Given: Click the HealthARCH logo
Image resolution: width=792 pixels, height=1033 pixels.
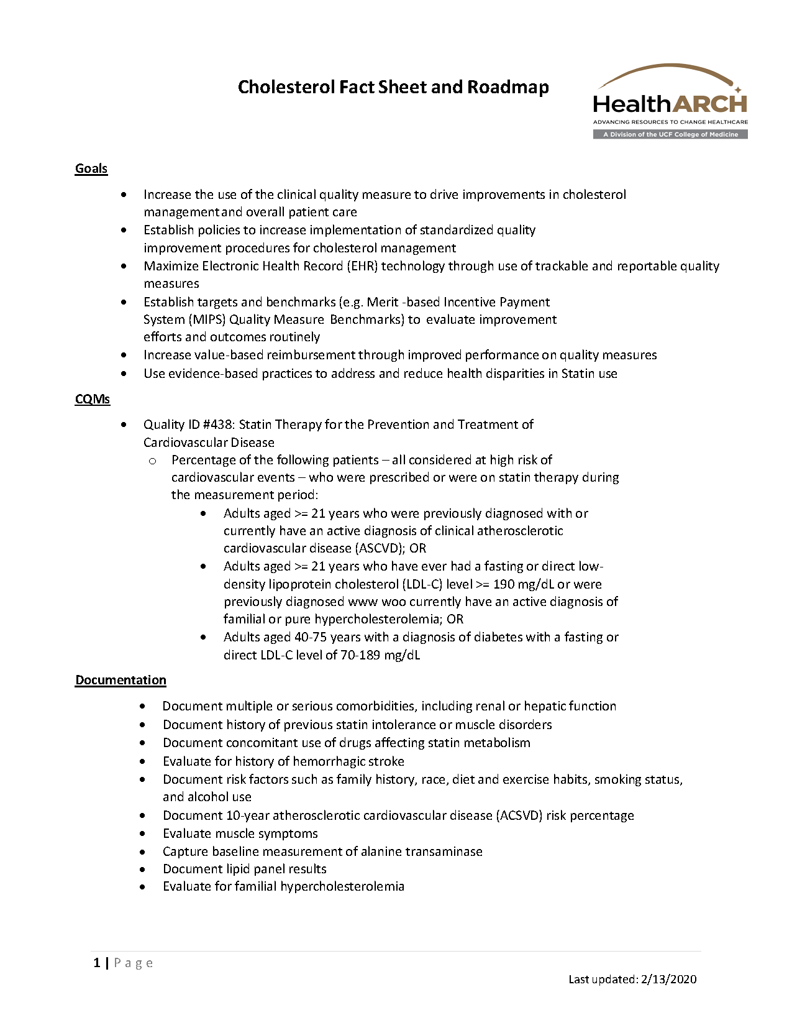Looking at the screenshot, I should (670, 101).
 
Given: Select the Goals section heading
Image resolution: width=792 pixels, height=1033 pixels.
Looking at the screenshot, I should (91, 168).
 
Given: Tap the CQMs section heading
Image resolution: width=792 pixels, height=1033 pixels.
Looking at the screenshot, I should (92, 399).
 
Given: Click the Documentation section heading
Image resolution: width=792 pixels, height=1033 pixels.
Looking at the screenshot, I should (121, 680).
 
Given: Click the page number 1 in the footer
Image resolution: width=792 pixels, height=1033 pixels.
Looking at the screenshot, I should (97, 963).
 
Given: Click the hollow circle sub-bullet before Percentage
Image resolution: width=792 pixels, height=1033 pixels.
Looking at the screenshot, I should (152, 461).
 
